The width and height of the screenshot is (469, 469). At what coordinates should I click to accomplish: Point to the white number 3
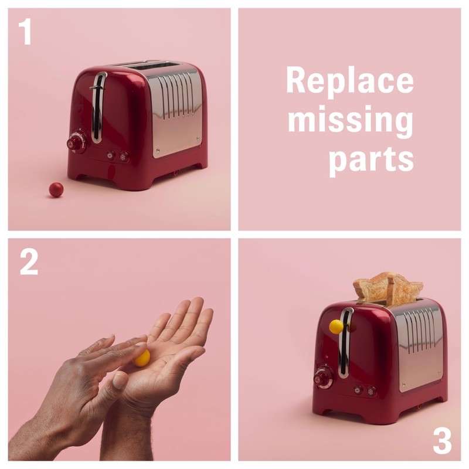(x=443, y=441)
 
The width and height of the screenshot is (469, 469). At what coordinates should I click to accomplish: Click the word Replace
(x=349, y=81)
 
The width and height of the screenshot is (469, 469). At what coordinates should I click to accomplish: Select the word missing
(x=350, y=120)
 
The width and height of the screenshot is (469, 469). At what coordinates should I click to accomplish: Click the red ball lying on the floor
(x=56, y=189)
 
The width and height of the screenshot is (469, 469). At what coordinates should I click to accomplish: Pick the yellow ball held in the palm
(x=142, y=358)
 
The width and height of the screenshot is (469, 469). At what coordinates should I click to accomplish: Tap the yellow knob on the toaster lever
(x=336, y=327)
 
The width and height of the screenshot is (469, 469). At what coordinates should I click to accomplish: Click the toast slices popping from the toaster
(x=388, y=288)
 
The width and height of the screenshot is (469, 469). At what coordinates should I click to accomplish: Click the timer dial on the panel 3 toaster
(x=323, y=377)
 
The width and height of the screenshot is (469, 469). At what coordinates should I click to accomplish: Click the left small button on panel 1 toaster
(x=110, y=155)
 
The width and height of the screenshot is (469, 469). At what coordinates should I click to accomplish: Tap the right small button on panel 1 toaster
(x=124, y=156)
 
